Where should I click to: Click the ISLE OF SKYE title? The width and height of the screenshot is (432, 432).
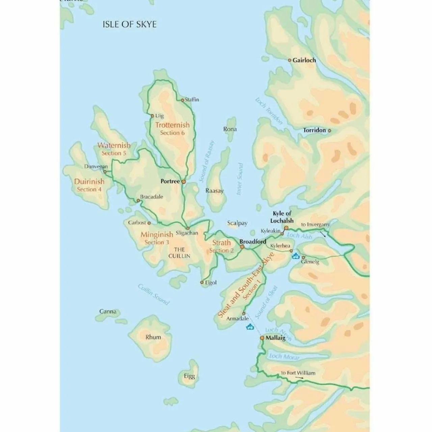[x=130, y=24]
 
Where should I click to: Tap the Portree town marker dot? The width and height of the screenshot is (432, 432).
[x=184, y=182]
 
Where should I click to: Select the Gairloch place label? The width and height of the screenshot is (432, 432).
[x=304, y=60]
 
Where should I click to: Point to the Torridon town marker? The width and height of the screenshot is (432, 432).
[x=330, y=130]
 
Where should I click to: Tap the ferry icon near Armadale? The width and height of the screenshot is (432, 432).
[x=250, y=326]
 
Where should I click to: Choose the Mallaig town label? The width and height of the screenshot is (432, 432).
[x=275, y=338]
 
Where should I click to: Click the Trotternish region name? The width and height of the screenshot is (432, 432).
[x=172, y=125]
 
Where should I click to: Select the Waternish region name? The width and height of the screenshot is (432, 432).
[x=114, y=145]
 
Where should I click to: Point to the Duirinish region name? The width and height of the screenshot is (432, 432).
[x=89, y=182]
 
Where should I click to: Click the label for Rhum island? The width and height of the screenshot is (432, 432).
[x=153, y=337]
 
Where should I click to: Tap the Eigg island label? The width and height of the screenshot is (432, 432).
[x=189, y=376]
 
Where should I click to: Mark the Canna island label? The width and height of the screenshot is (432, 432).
[x=108, y=312]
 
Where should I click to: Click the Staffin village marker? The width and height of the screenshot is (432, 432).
[x=183, y=100]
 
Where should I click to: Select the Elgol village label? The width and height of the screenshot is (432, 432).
[x=211, y=283]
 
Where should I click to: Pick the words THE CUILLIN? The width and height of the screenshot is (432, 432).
[x=179, y=253]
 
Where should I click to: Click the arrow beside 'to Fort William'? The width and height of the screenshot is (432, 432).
[x=299, y=378]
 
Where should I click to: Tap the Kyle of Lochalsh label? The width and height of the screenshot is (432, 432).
[x=282, y=217]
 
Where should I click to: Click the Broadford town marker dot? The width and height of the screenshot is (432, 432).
[x=242, y=247]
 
